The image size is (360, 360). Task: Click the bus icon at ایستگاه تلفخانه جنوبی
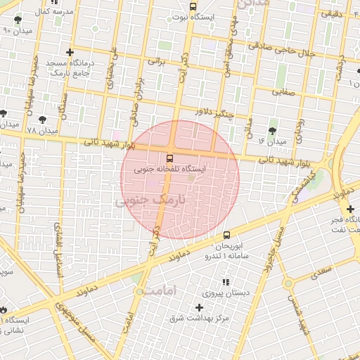[x=169, y=157]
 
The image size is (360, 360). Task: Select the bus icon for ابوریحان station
[x=226, y=236]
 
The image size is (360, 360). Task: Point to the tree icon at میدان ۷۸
[x=42, y=120]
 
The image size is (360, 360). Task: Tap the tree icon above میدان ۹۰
[x=18, y=19]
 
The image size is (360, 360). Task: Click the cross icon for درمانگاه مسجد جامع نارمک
[x=70, y=52]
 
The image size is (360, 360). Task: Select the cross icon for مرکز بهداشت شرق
[x=200, y=307]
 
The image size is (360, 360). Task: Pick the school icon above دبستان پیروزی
[x=226, y=282]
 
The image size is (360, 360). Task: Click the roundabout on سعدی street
[x=287, y=283]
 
